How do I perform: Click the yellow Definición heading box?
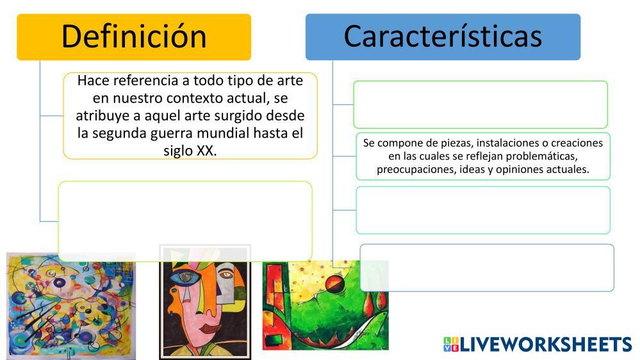click(x=134, y=37)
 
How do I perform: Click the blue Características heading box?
click(x=443, y=37)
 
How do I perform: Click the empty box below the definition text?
click(x=185, y=221)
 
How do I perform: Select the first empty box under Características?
click(x=480, y=104)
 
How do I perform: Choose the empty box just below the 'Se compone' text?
click(x=483, y=210)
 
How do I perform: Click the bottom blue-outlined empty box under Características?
click(x=487, y=268)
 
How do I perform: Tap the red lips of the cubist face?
click(x=208, y=327)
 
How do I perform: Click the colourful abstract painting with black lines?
click(x=71, y=306)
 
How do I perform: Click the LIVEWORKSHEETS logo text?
click(x=546, y=344)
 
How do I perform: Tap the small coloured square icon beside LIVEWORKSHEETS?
click(x=450, y=344)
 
